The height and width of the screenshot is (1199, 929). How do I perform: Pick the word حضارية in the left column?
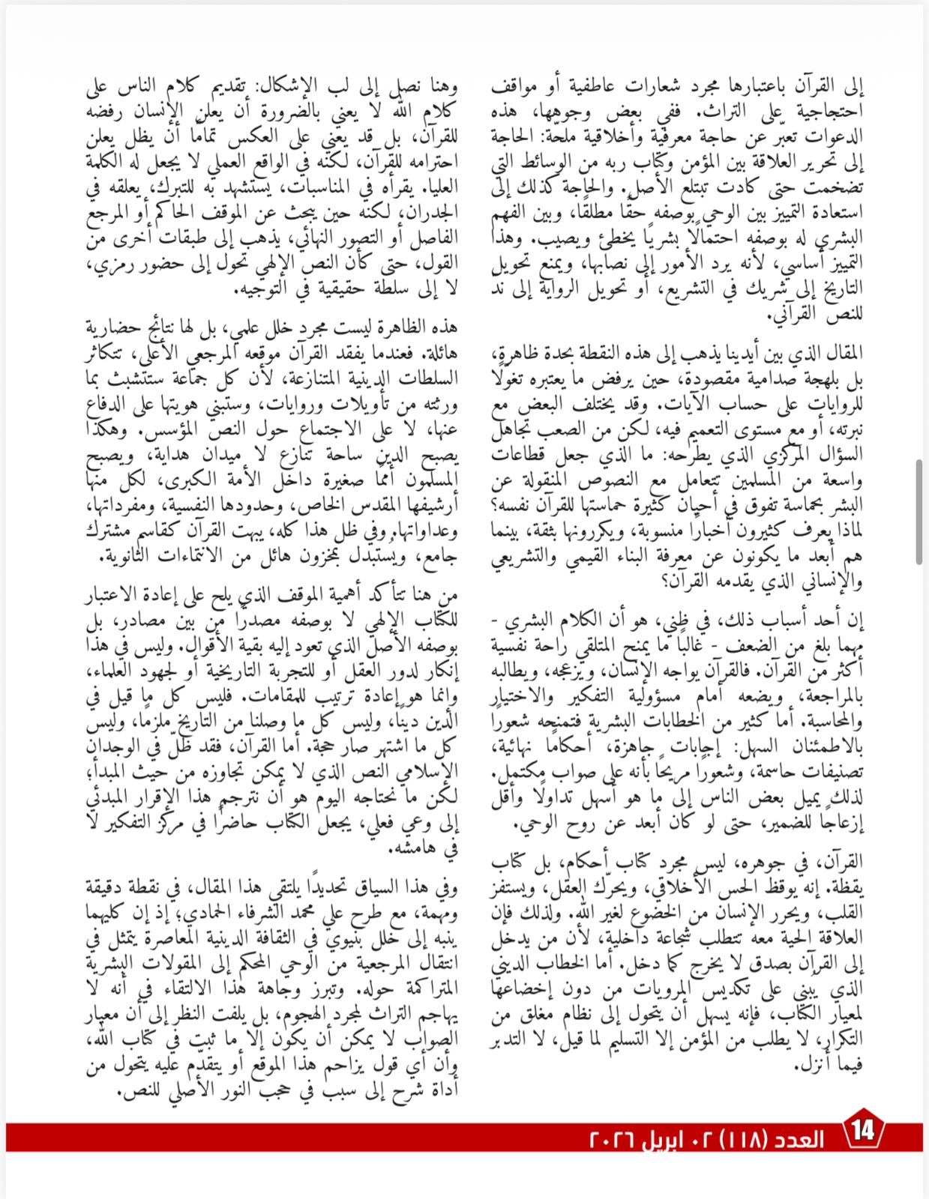coord(119,328)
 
